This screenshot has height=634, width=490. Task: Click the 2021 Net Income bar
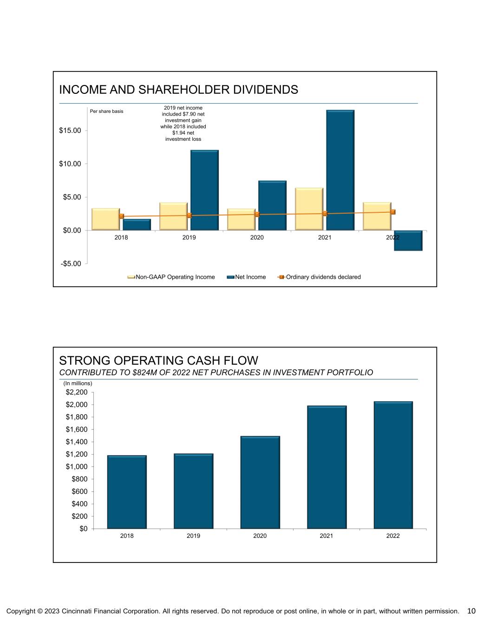point(340,170)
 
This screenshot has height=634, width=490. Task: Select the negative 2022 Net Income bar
point(408,241)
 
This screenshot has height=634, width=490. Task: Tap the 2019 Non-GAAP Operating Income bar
point(173,216)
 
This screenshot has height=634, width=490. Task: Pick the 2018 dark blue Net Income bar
point(137,225)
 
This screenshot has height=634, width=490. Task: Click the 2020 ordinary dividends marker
point(257,214)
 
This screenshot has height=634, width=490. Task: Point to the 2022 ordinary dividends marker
point(392,212)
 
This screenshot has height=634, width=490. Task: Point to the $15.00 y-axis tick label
point(70,131)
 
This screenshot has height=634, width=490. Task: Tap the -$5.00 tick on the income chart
point(70,264)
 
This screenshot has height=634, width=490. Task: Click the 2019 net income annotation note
point(183,124)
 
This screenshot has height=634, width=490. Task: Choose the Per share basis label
point(106,111)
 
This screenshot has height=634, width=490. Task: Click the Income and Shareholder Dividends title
point(178,90)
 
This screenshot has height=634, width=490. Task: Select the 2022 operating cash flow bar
point(393,465)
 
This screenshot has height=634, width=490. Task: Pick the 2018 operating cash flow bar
point(127,492)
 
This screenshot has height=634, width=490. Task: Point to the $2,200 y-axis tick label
point(77,392)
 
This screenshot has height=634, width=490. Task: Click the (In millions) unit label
point(78,383)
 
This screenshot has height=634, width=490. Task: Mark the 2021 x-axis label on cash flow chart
point(327,536)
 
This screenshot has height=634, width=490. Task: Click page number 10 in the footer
point(471,611)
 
